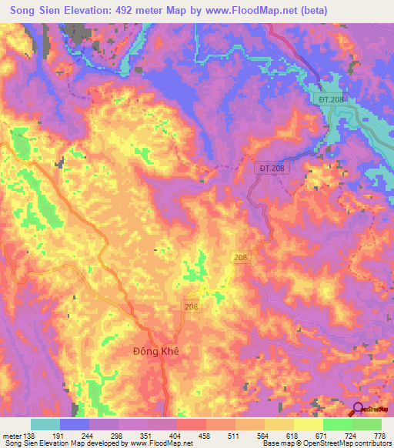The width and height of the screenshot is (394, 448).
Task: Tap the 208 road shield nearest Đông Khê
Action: (192, 306)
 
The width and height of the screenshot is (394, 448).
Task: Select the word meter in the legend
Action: (11, 435)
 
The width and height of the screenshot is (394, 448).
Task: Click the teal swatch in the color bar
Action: (45, 424)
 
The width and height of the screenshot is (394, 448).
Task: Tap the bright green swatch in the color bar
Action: (337, 424)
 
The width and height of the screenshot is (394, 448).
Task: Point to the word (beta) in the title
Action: (315, 11)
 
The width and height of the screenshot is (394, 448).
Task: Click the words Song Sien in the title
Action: (38, 11)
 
